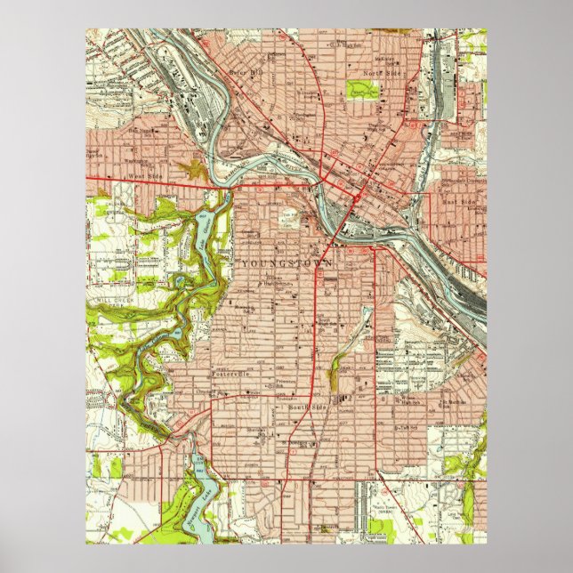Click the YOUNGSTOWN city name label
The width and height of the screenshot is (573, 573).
286,264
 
